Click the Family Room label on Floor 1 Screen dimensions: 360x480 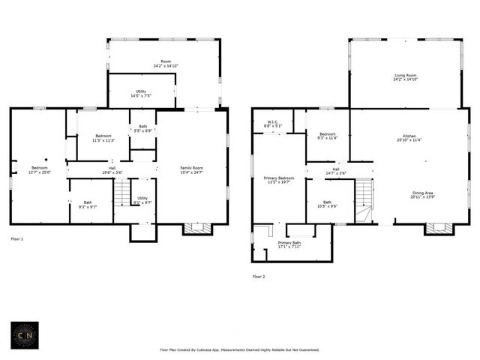point(190,169)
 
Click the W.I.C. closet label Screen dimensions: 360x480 point(274,123)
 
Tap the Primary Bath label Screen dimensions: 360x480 point(289,244)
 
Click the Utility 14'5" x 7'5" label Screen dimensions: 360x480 point(141,94)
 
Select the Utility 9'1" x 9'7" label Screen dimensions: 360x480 point(142,200)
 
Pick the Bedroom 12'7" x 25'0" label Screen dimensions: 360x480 point(39,169)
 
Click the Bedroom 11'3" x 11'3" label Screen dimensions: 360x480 point(102,138)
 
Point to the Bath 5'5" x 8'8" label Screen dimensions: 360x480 point(142,128)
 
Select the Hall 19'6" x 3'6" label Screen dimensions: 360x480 point(112,170)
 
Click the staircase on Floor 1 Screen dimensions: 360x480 point(122,194)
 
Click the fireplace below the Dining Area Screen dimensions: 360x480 point(439,228)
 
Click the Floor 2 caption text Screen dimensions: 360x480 point(259,277)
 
